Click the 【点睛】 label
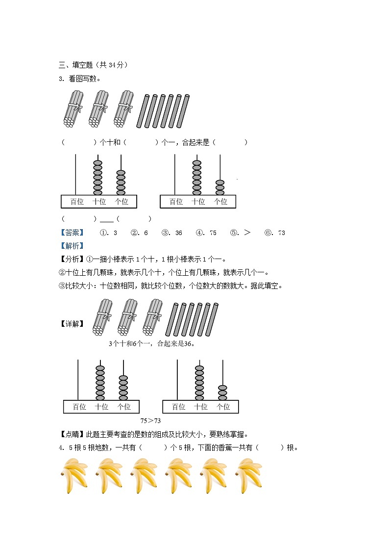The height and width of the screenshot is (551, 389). coord(72,434)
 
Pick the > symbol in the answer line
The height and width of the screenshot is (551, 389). coord(247,233)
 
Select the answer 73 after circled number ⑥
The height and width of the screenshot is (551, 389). coord(281,233)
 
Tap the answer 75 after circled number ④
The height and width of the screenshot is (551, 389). coord(213,233)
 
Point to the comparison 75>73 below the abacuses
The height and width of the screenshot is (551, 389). coord(150,420)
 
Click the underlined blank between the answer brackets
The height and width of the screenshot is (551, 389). coord(106,219)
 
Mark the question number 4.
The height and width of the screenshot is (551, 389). coord(61,447)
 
